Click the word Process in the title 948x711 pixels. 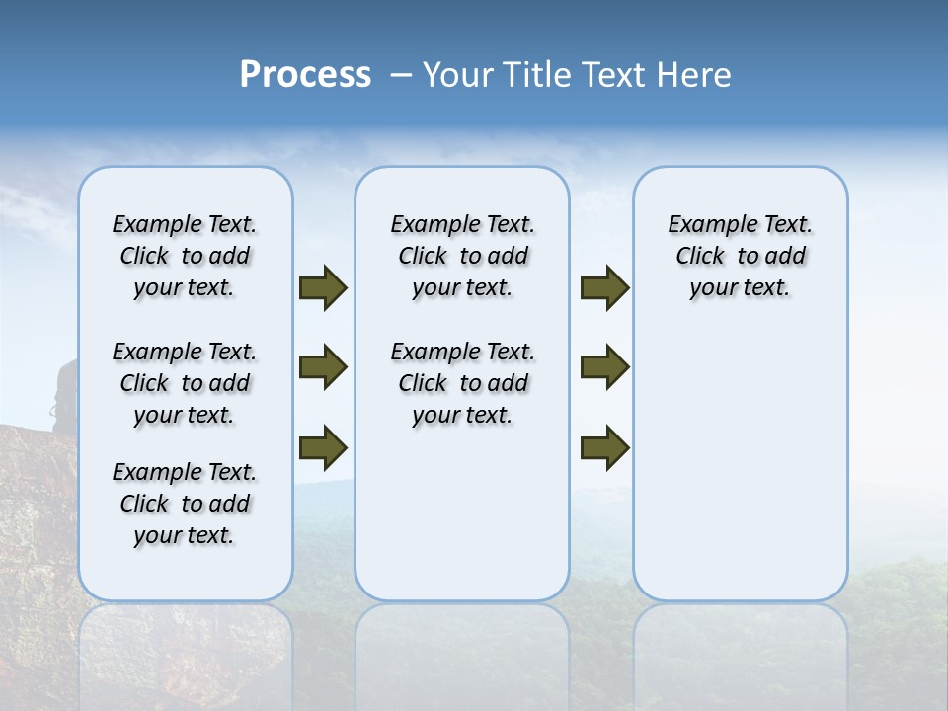(305, 75)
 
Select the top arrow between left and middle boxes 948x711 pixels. (323, 288)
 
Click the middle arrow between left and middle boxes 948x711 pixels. (323, 367)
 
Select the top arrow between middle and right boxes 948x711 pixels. (604, 288)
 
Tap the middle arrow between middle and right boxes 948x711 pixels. (604, 367)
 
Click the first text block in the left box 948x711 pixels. (185, 256)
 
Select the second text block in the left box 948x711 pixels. (185, 383)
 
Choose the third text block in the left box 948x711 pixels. (185, 504)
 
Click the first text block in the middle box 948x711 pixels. (462, 256)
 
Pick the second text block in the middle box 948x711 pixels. (462, 383)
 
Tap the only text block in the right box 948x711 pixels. (740, 256)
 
